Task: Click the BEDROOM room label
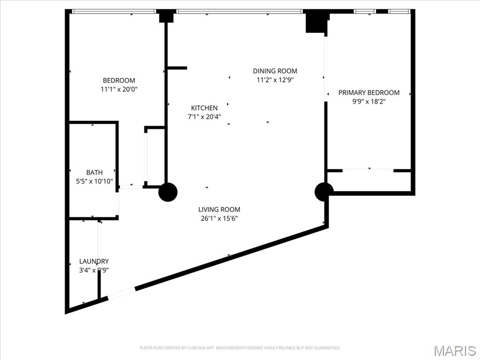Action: (x=119, y=80)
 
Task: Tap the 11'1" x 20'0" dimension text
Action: (x=119, y=89)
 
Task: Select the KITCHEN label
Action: (x=204, y=108)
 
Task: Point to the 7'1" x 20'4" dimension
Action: (x=204, y=116)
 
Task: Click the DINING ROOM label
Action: (x=275, y=71)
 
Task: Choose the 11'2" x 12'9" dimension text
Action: (x=275, y=80)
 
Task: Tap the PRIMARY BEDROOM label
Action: (x=369, y=92)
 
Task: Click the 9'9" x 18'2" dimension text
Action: (x=369, y=101)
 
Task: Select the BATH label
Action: (x=94, y=172)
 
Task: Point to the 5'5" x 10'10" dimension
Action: (x=94, y=181)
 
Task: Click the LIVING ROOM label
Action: (x=219, y=210)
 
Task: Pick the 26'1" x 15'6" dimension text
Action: (x=219, y=218)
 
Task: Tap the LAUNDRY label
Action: (x=94, y=261)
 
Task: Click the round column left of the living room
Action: (x=168, y=192)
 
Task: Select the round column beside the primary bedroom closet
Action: (x=324, y=192)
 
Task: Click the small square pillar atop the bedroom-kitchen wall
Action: (x=166, y=16)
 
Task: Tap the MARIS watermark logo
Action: (x=454, y=351)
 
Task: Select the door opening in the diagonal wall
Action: (x=121, y=293)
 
